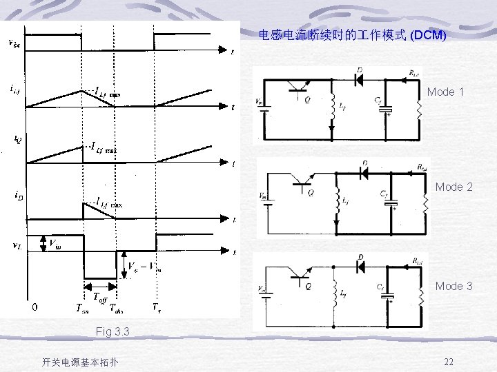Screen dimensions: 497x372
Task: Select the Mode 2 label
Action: click(454, 187)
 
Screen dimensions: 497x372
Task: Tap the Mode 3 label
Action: click(454, 286)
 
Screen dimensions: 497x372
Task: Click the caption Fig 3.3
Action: click(113, 331)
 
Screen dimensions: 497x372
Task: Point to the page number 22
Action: click(449, 362)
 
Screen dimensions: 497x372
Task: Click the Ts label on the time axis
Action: click(157, 308)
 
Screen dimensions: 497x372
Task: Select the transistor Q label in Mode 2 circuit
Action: click(310, 194)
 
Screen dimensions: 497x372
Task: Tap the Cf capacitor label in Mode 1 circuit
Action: click(378, 101)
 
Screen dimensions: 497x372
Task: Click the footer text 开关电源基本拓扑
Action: click(80, 362)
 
